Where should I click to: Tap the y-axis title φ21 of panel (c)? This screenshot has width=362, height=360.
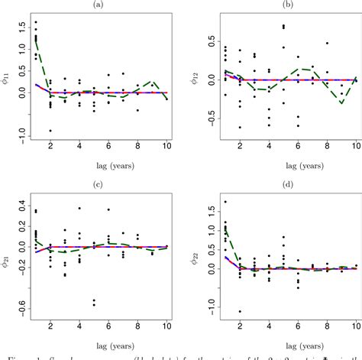[x=8, y=252]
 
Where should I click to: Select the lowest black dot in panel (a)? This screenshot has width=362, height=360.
[x=51, y=130]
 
